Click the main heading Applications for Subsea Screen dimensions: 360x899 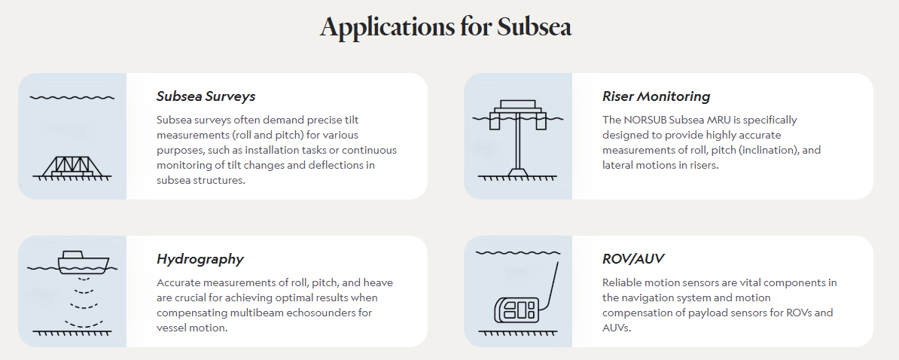tap(445, 27)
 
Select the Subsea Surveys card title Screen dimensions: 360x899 tap(206, 96)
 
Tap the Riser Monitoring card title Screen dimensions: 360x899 tap(656, 96)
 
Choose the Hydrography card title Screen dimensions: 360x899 tap(200, 259)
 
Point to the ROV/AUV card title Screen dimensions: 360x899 tap(633, 259)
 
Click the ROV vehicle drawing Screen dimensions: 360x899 tap(515, 310)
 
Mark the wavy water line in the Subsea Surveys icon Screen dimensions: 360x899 tap(72, 97)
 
